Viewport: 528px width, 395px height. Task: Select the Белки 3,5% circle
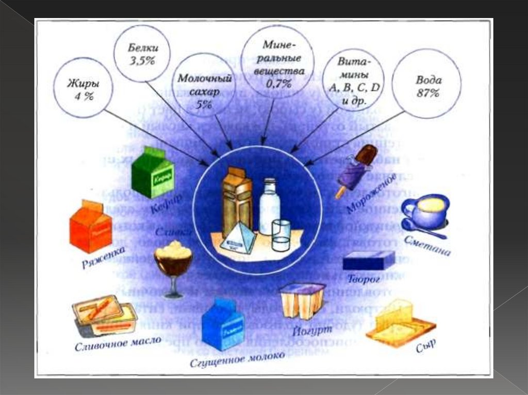tap(143, 54)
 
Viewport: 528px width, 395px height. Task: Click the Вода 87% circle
tap(426, 86)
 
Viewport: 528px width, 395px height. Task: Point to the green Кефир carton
tap(153, 173)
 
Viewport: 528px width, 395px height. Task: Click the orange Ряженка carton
tap(91, 226)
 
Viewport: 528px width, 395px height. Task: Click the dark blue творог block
tap(369, 260)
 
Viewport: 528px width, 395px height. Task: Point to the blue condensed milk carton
tap(222, 325)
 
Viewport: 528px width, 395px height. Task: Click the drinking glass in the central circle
tap(281, 235)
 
